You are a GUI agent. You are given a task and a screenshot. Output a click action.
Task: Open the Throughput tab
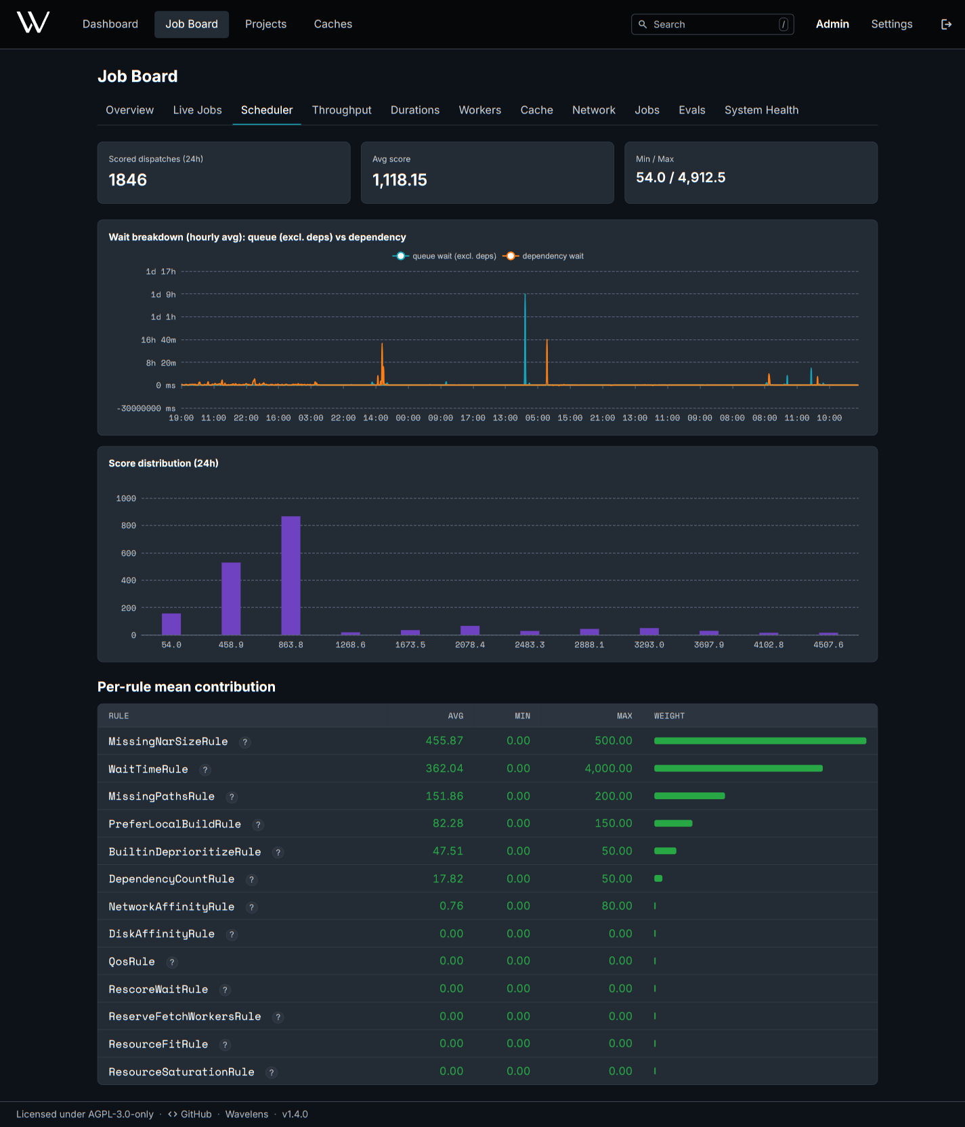coord(341,110)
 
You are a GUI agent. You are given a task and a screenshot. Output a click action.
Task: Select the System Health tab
coord(761,110)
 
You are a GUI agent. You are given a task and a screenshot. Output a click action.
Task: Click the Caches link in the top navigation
coord(333,24)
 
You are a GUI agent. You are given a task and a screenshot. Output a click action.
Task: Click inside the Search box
coord(712,24)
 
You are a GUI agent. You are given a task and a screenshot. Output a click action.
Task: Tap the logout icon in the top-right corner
coord(946,24)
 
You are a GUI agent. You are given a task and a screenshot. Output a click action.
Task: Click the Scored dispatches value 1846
coord(128,179)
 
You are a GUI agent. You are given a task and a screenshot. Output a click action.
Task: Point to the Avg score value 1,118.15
coord(400,179)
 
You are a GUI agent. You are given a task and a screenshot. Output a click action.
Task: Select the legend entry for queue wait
coord(444,256)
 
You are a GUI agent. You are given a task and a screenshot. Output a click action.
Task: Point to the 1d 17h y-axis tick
coord(160,272)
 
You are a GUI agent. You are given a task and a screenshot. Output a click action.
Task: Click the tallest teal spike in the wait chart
coord(525,339)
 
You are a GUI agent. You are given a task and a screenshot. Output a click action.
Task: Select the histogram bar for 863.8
coord(291,576)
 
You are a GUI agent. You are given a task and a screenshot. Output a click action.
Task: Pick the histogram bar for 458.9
coord(231,599)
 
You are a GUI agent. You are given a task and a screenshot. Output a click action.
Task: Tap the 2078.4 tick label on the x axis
coord(470,645)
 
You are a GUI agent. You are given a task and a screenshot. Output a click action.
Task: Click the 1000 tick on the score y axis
coord(126,498)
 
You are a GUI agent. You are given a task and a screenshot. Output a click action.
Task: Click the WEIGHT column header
coord(669,716)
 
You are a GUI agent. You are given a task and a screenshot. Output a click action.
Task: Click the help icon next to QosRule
coord(172,962)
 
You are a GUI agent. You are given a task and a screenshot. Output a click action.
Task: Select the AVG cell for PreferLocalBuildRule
coord(448,823)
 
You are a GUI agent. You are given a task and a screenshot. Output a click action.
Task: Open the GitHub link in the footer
coord(190,1114)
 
